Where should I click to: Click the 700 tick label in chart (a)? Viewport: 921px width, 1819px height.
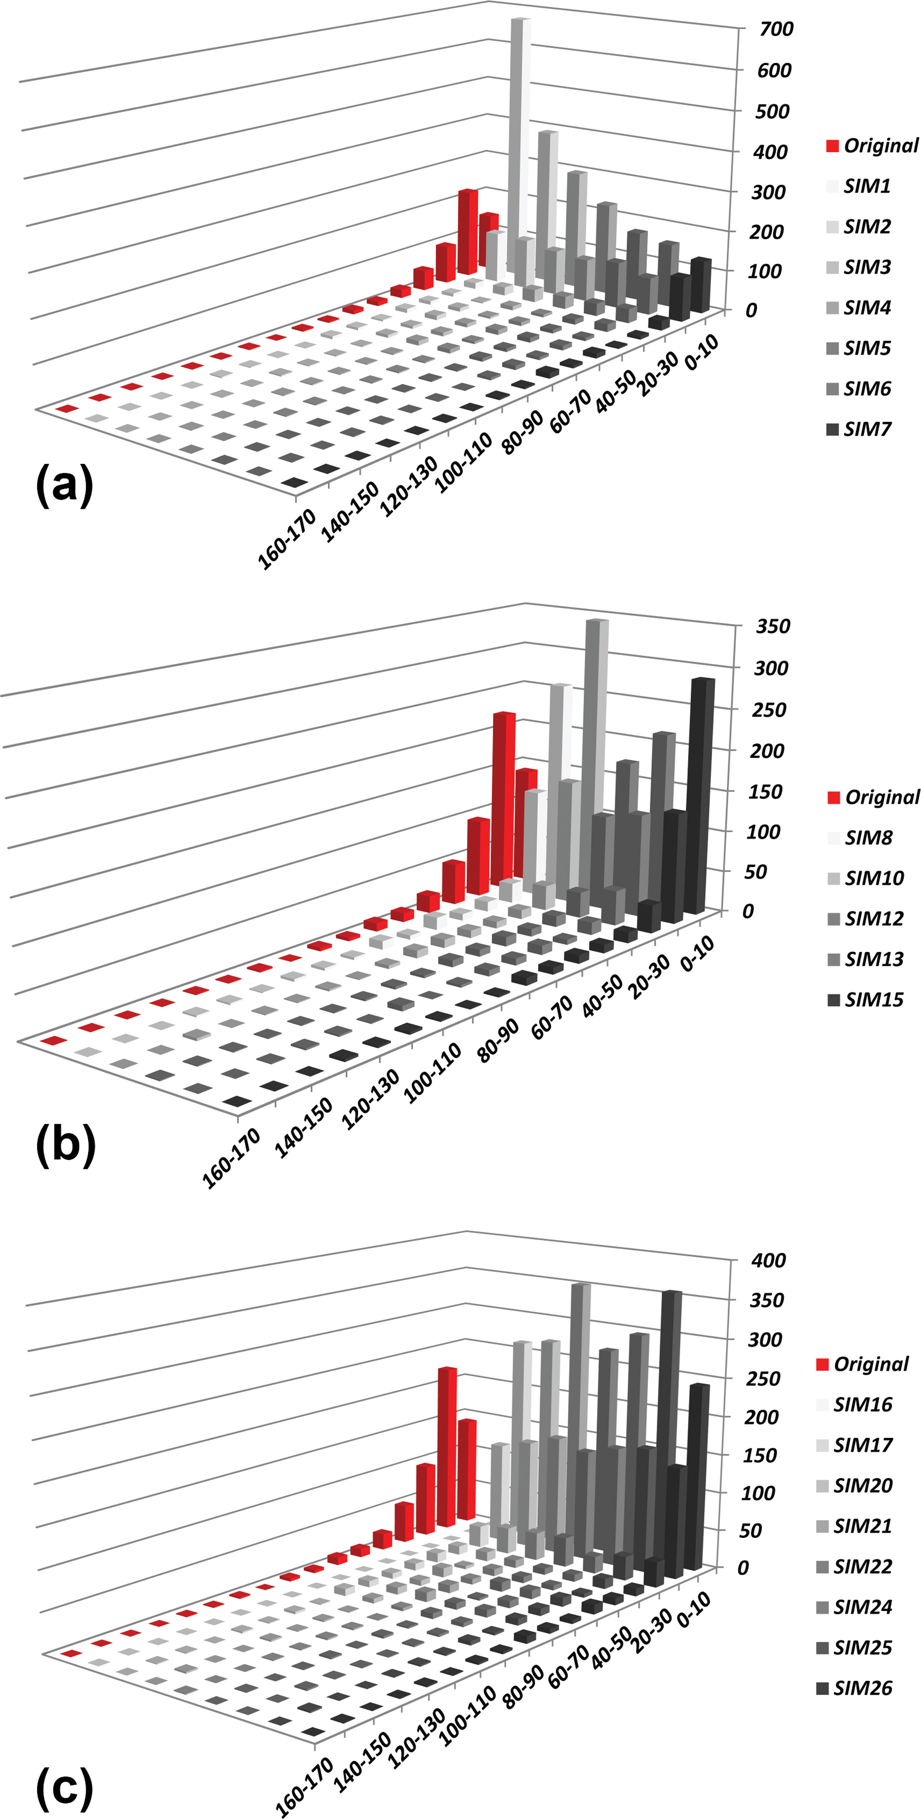(775, 29)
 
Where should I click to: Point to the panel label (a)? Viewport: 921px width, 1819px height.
(64, 485)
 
